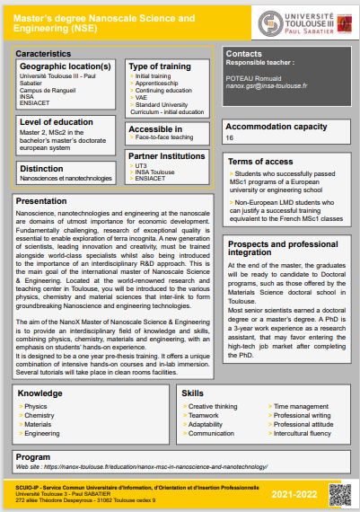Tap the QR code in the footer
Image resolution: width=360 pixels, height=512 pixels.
coord(338,491)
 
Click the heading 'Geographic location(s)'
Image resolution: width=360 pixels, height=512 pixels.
coord(66,66)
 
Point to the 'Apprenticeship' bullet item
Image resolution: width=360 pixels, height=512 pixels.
coord(159,84)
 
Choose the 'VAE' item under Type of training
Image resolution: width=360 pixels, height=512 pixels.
coord(142,99)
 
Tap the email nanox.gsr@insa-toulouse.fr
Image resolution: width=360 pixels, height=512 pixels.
coord(267,87)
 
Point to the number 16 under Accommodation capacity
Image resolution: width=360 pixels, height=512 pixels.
coord(230,138)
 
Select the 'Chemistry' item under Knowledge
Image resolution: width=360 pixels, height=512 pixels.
coord(40,416)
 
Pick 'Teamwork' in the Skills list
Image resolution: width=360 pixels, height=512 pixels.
coord(204,416)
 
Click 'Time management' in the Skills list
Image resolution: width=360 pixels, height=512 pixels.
coord(300,407)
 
